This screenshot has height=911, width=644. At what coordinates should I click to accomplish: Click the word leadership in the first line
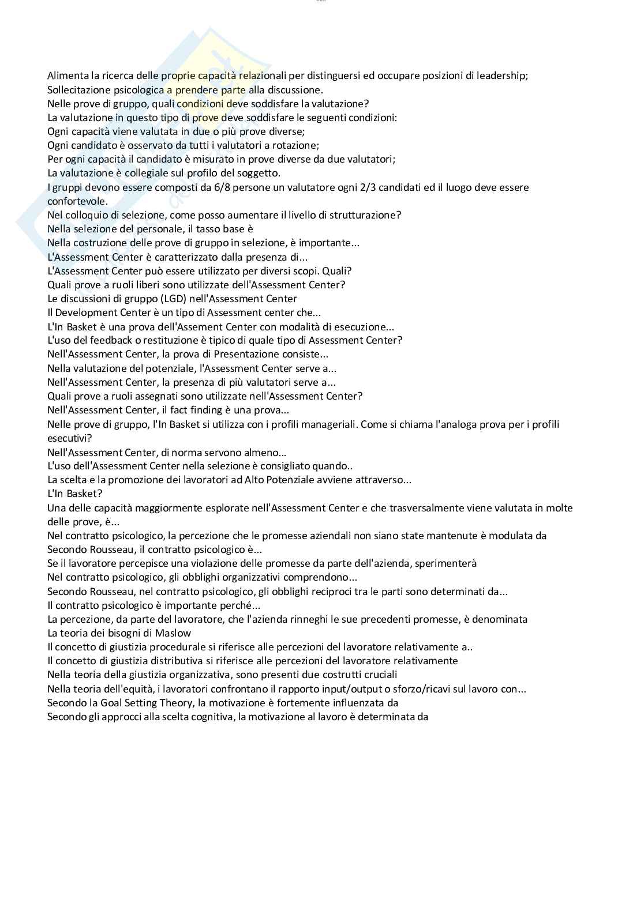click(x=501, y=76)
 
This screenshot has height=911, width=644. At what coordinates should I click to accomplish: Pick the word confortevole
click(x=77, y=201)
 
